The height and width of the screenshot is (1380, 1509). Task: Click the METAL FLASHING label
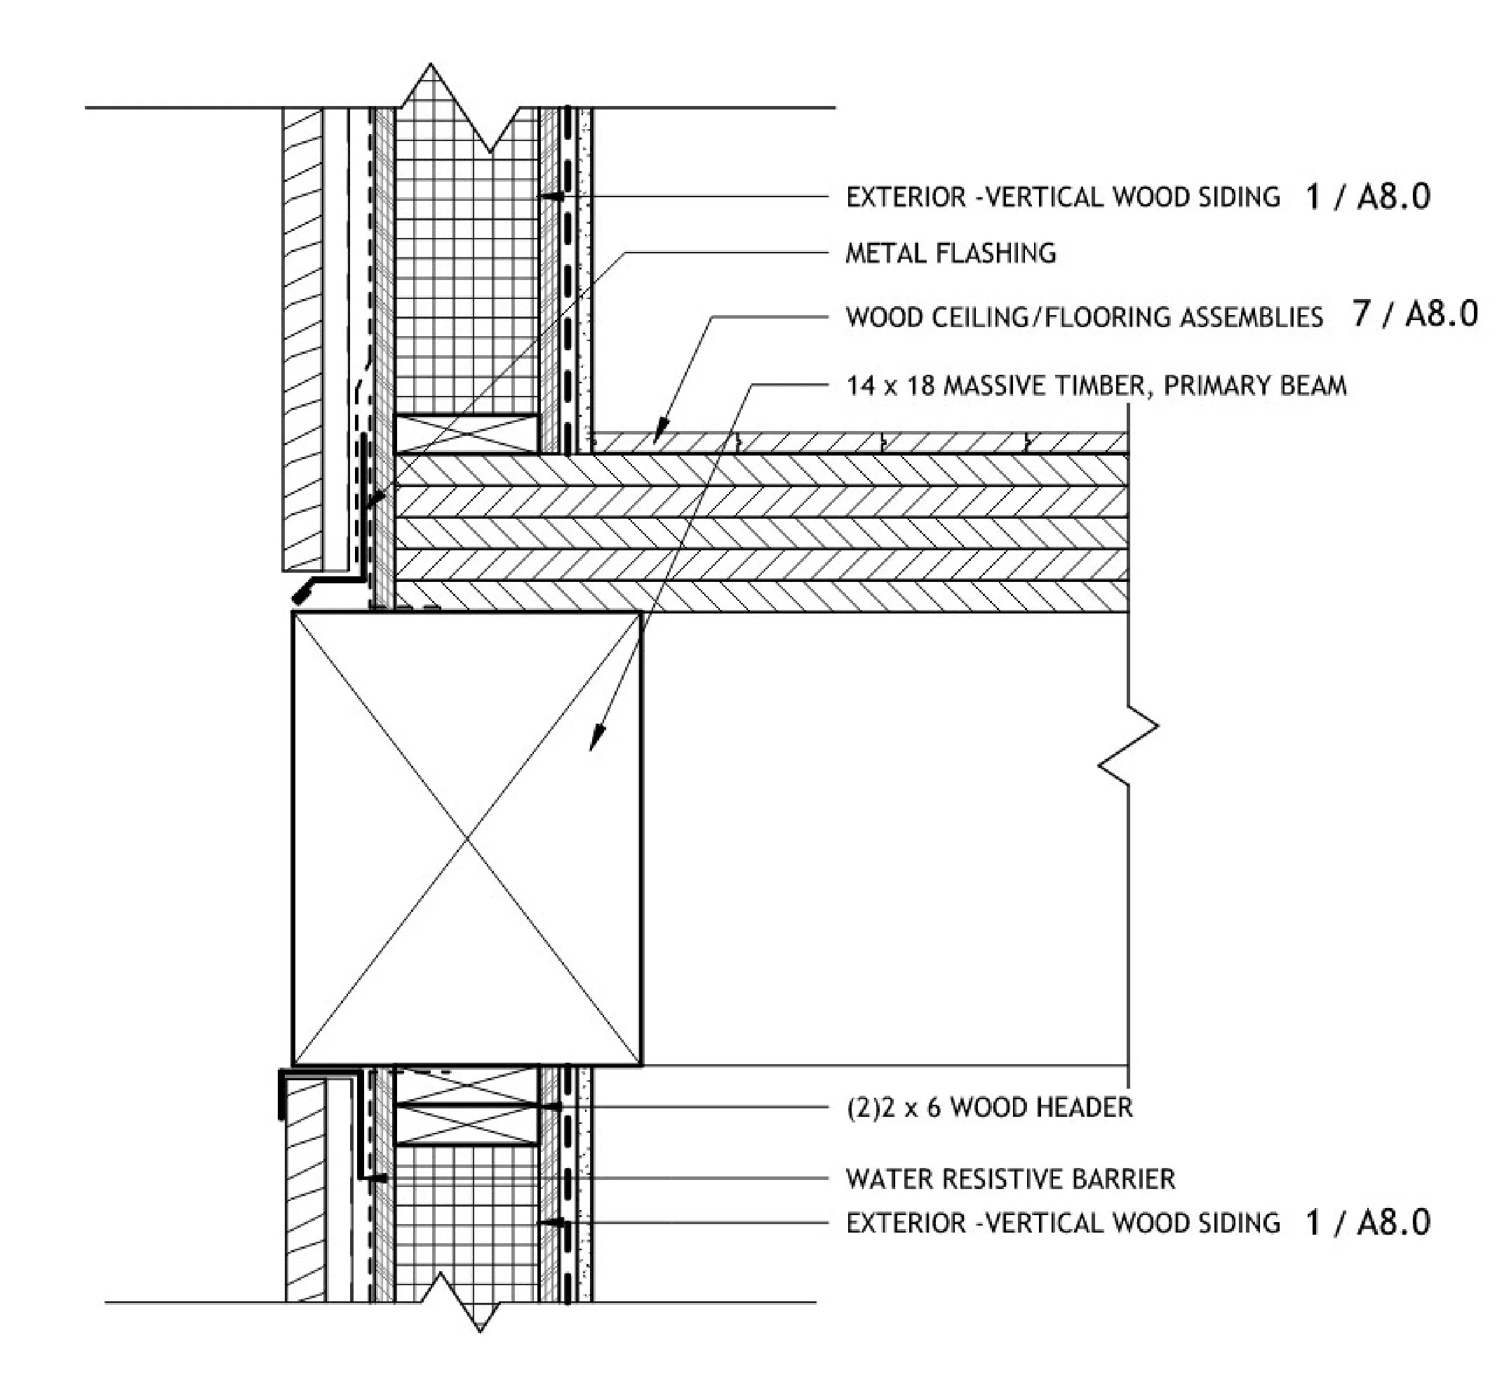pos(950,254)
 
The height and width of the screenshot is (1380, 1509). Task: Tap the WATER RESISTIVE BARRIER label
pos(1010,1179)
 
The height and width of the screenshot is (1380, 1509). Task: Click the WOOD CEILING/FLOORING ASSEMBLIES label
pos(1084,317)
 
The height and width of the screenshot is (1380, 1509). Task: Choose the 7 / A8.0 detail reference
pos(1415,314)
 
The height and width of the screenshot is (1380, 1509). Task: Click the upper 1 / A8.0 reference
pos(1367,197)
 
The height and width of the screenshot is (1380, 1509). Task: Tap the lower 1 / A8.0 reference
pos(1367,1223)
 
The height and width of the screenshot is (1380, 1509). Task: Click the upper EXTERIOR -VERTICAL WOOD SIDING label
pos(1063,197)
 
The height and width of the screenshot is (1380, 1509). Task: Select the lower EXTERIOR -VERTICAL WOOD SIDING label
pos(1063,1223)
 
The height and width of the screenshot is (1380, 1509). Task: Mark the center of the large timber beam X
pos(467,839)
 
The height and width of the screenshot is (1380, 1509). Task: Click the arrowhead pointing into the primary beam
pos(595,741)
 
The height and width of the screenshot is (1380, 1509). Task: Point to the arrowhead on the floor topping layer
pos(659,437)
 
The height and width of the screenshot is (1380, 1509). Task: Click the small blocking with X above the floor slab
pos(467,434)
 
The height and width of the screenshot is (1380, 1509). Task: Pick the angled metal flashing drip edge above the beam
pos(314,588)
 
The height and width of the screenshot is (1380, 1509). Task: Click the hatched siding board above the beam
pos(302,337)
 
